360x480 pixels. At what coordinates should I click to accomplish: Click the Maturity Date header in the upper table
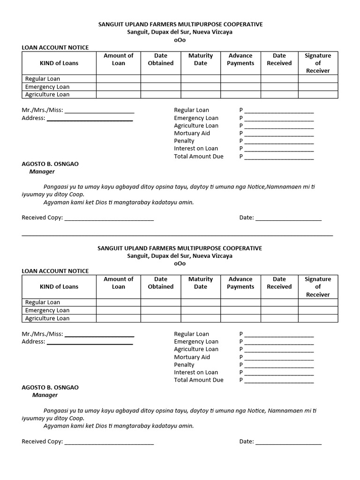[201, 59]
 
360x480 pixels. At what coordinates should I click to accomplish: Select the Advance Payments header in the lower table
[240, 283]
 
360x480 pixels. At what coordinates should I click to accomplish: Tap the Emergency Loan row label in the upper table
[47, 87]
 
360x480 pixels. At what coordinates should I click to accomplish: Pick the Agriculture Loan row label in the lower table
[47, 318]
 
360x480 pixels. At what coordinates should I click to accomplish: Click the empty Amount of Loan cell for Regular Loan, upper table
[119, 79]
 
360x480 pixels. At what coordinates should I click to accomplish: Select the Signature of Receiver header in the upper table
[318, 63]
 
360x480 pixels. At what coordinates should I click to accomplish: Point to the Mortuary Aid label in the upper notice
[192, 133]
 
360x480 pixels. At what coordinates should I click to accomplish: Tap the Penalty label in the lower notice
[184, 365]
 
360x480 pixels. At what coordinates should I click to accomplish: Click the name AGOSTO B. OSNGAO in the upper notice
[50, 164]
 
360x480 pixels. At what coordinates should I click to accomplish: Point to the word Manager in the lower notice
[45, 395]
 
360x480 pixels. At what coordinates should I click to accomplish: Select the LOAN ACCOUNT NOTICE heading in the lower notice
[55, 271]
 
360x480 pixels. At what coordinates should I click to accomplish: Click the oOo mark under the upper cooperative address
[180, 40]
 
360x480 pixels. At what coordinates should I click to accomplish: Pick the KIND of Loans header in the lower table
[59, 286]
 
